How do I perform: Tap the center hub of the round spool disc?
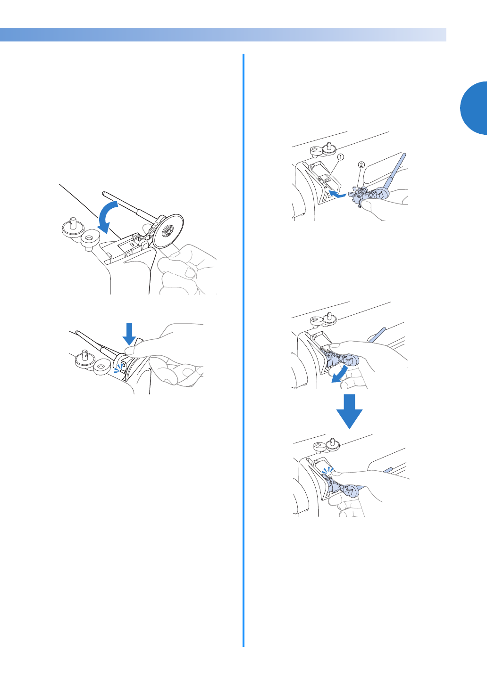point(168,230)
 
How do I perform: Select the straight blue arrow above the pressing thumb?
point(129,334)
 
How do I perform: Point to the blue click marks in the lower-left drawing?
point(118,368)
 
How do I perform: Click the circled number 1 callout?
point(341,157)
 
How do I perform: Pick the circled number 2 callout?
point(361,165)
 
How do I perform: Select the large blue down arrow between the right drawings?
point(349,411)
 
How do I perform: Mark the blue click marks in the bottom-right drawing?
point(327,470)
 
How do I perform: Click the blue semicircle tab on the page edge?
point(474,108)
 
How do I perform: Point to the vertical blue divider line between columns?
point(243,350)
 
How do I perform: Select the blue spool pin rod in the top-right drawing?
point(395,172)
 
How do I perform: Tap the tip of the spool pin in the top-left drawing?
point(103,193)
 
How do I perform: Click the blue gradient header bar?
point(223,35)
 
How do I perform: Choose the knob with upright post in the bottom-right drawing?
point(332,444)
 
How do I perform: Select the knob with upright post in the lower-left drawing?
point(84,359)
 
